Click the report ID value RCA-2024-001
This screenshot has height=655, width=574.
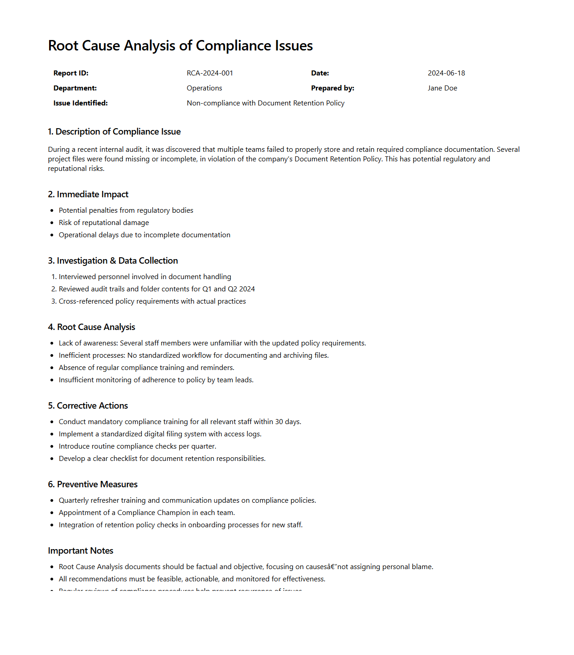point(210,73)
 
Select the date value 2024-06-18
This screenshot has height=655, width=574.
point(446,73)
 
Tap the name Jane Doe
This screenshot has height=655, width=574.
point(442,88)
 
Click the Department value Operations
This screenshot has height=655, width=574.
point(204,88)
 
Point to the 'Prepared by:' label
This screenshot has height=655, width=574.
point(332,88)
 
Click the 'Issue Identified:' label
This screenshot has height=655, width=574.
point(80,103)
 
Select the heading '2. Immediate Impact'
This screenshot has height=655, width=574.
point(88,195)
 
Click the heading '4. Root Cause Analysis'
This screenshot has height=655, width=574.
point(91,327)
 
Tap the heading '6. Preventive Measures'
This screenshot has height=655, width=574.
point(93,485)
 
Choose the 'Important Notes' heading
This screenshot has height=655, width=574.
point(80,551)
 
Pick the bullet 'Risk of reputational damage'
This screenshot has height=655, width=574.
point(104,223)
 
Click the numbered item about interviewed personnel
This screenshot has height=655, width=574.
point(145,277)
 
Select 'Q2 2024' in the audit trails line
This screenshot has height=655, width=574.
point(241,289)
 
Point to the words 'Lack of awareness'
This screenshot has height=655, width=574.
point(88,343)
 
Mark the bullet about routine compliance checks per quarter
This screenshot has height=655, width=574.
point(137,446)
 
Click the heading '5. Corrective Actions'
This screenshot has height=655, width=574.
point(88,406)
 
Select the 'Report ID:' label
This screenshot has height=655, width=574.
point(71,73)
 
